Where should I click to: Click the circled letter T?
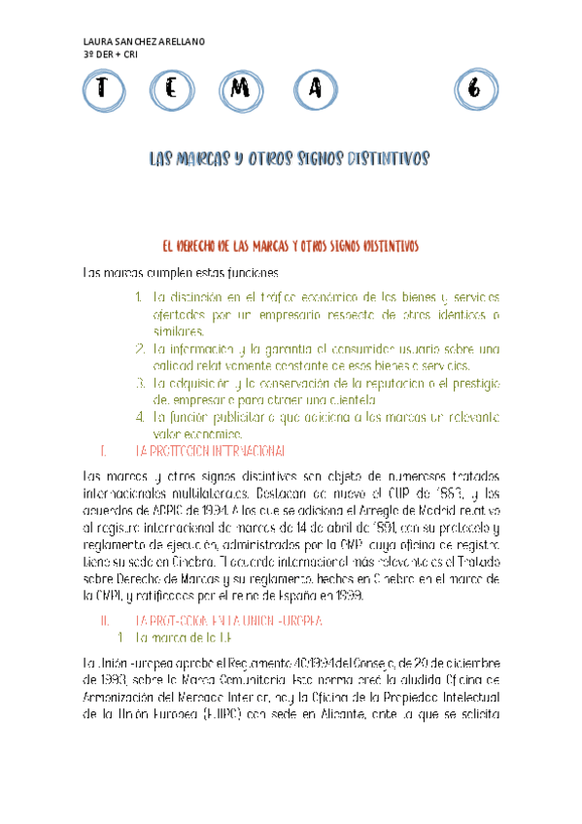coord(99,90)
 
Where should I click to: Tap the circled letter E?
coord(171,90)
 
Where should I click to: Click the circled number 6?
coord(473,90)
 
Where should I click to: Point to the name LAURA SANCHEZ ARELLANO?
coord(146,42)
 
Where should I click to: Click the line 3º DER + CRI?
coord(112,54)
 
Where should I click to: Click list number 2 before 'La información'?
coord(141,348)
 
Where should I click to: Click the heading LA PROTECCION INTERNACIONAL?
coord(210,451)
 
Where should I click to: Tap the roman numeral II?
coord(106,592)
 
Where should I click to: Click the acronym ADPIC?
coord(152,510)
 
